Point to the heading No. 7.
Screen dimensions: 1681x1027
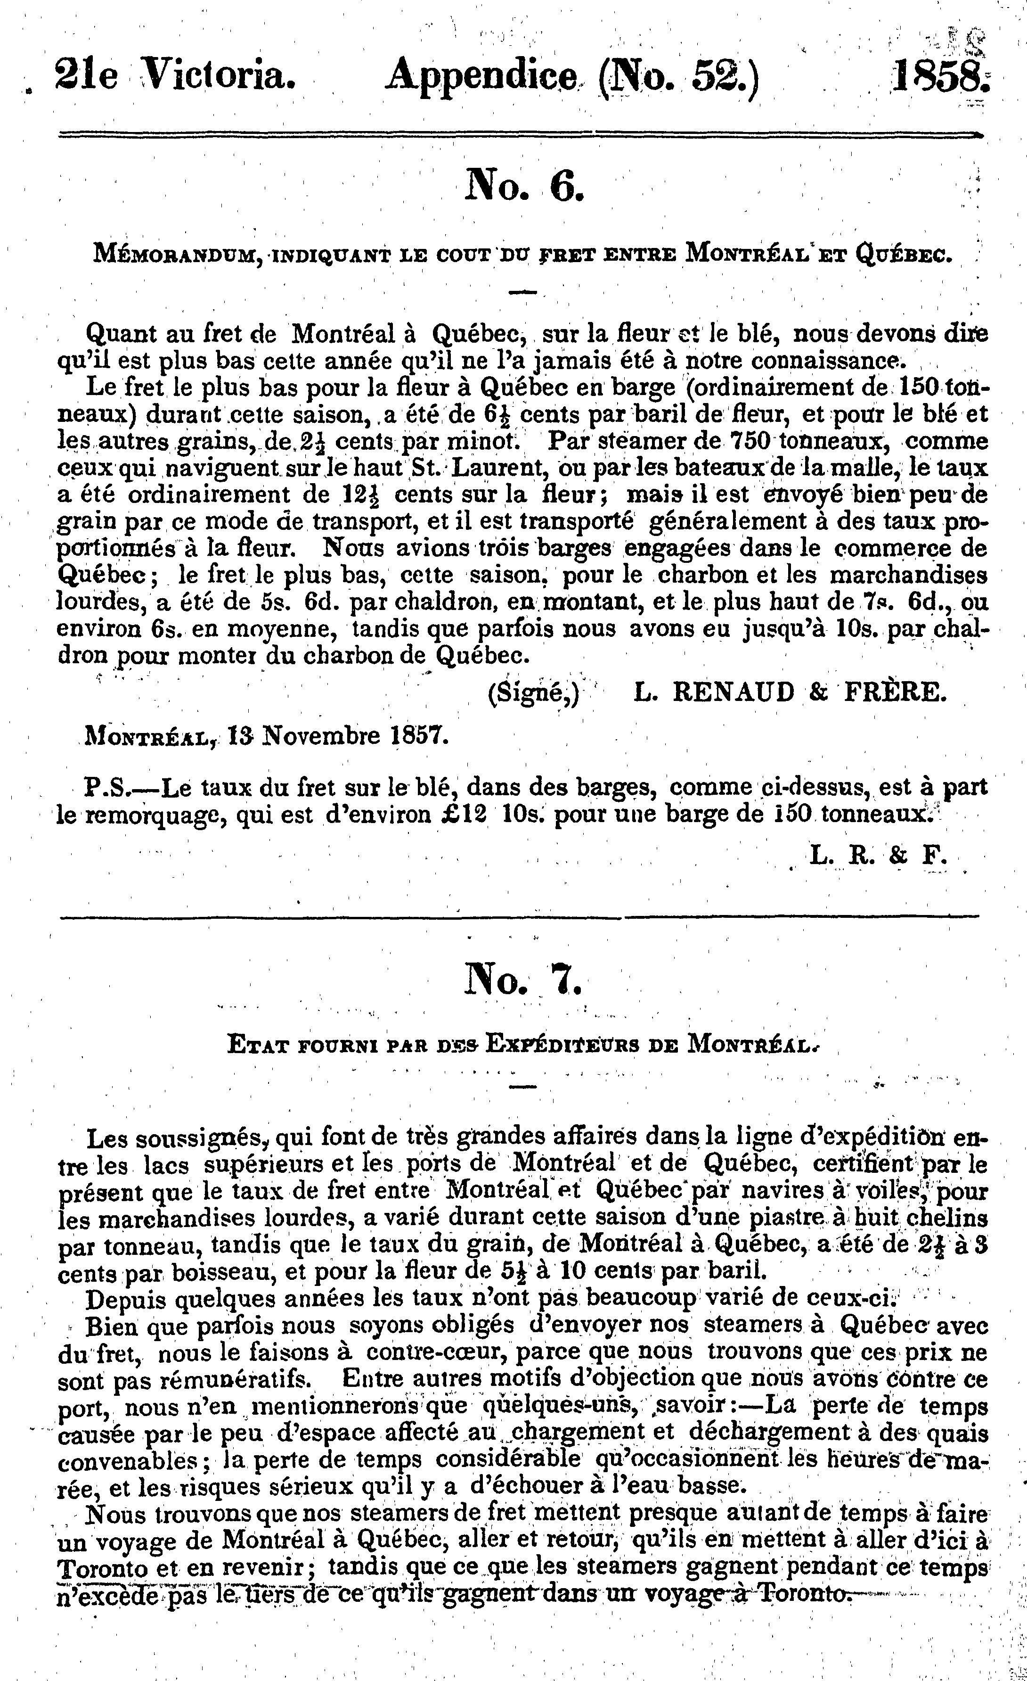click(x=523, y=982)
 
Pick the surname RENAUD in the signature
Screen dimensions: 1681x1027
click(x=733, y=692)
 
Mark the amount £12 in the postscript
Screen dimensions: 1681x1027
click(x=463, y=815)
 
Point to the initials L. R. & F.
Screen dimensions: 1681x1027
click(x=878, y=856)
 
